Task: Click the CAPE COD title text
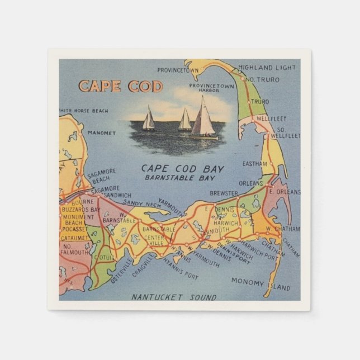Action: click(x=121, y=86)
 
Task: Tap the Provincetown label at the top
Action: click(x=178, y=70)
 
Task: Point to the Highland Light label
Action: click(x=267, y=68)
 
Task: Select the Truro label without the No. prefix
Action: click(x=259, y=102)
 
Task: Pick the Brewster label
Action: click(x=224, y=193)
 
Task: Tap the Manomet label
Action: click(x=102, y=133)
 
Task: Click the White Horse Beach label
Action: click(x=84, y=111)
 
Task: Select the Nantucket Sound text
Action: click(x=173, y=297)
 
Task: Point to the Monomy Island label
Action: click(x=260, y=283)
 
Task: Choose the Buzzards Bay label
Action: click(x=81, y=210)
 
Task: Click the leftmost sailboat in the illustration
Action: click(x=149, y=120)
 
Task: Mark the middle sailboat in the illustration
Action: click(x=184, y=120)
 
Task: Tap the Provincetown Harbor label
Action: click(x=211, y=88)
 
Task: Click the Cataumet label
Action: click(x=75, y=238)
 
